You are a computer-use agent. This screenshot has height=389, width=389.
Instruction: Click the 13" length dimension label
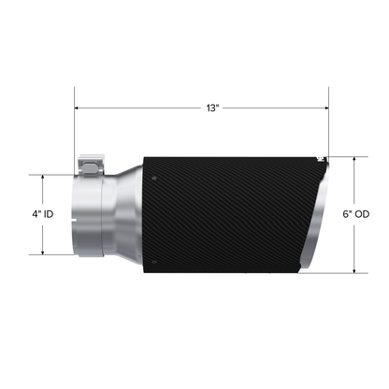(213, 108)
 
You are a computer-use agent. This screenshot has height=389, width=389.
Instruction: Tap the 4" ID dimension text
(42, 214)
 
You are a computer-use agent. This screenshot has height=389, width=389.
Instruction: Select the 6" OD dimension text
(356, 214)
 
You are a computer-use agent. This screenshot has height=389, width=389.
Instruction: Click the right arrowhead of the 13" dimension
(324, 108)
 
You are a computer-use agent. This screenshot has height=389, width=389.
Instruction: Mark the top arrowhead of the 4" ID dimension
(42, 177)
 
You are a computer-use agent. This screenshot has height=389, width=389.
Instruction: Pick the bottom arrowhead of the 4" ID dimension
(42, 252)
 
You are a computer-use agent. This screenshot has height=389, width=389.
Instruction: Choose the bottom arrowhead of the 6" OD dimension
(355, 271)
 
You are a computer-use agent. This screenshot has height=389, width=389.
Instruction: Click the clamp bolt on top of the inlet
(89, 166)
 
